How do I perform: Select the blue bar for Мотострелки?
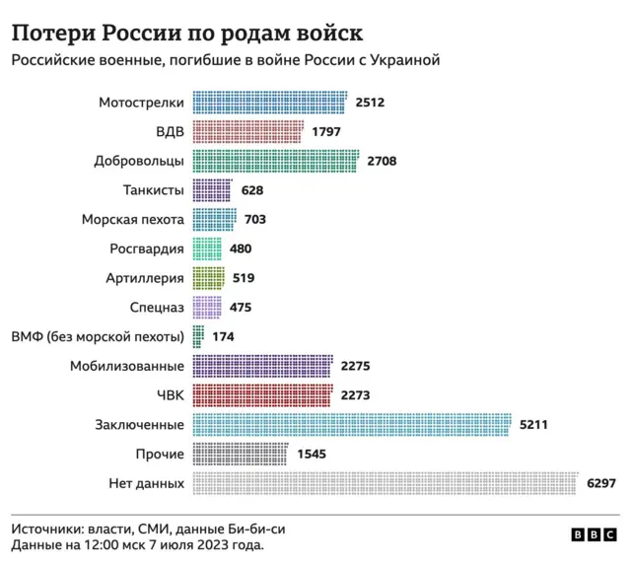coord(270,103)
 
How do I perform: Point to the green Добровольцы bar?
coord(276,161)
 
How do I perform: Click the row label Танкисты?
coord(154,190)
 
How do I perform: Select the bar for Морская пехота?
coord(214,220)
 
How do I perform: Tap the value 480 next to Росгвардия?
coord(241,249)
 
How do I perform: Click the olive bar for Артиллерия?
coord(209,278)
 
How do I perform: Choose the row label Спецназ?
coord(157,308)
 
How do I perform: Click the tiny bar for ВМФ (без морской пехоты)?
coord(198,337)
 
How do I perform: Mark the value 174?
coord(224,337)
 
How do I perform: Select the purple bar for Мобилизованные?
coord(263,367)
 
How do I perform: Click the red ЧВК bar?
coord(263,395)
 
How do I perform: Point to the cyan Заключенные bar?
coord(352,425)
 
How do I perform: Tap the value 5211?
coord(533,425)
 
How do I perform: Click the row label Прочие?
coord(160,455)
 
